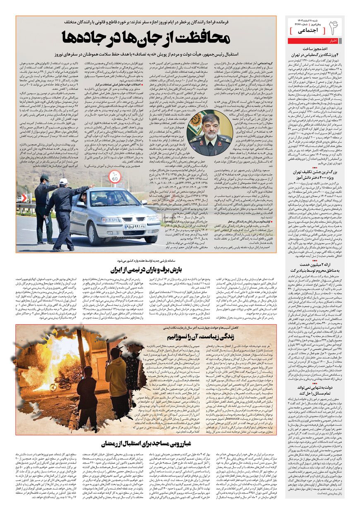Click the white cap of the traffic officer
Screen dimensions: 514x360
click(x=63, y=181)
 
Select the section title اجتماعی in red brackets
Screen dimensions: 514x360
click(x=306, y=31)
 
